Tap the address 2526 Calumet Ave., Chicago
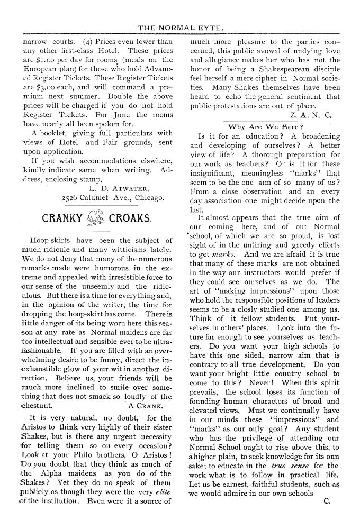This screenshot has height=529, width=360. pyautogui.click(x=112, y=198)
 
